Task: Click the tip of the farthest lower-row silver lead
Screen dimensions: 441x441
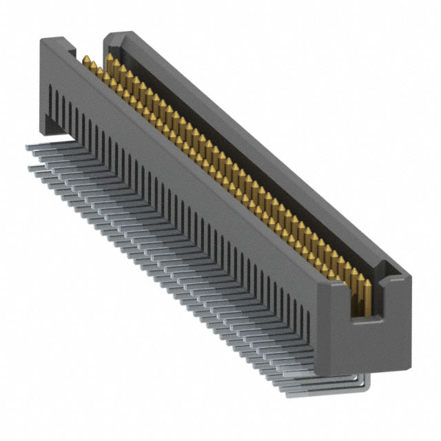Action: click(x=30, y=167)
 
